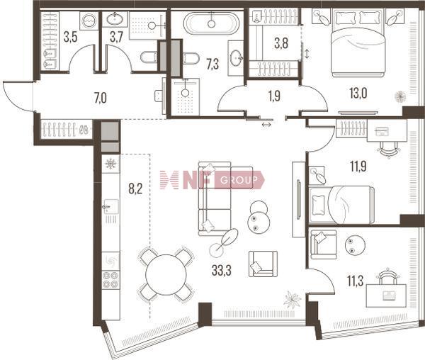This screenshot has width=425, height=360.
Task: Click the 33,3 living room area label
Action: (222, 270)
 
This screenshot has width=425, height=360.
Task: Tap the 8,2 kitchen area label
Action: (135, 189)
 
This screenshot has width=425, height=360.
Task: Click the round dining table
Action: (166, 275)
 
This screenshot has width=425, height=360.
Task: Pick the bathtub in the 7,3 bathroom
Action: (211, 23)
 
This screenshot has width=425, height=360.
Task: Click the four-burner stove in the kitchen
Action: (111, 279)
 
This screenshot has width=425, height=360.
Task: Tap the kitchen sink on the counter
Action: (111, 207)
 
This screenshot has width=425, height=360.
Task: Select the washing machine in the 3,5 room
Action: (89, 21)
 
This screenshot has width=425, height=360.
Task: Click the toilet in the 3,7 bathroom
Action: (149, 57)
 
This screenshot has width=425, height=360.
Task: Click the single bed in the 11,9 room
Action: (341, 205)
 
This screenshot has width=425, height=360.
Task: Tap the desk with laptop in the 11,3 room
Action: (386, 296)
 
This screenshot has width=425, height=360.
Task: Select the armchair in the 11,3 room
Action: (324, 244)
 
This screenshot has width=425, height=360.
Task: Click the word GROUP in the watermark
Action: (239, 180)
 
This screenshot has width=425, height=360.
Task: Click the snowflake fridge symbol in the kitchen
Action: (110, 164)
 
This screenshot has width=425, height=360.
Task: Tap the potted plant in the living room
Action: (292, 300)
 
